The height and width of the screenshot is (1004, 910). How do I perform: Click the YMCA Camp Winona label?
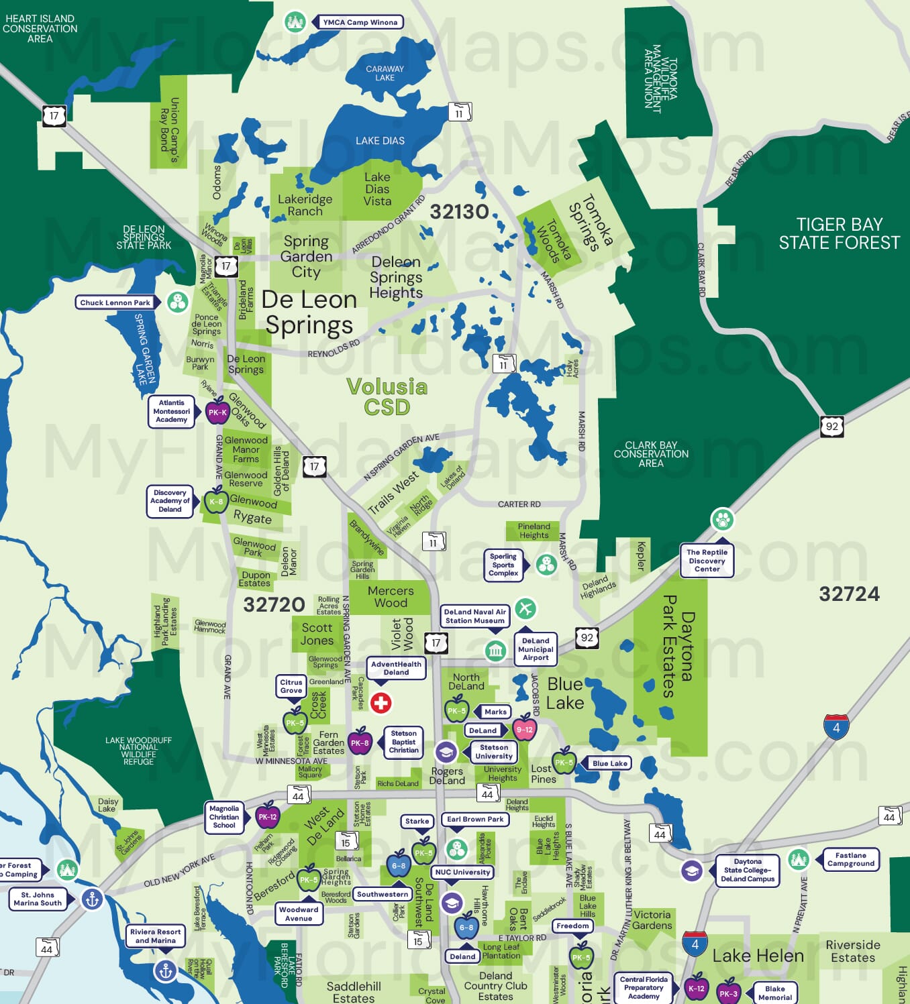(360, 22)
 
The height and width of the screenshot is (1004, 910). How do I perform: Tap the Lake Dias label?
(380, 141)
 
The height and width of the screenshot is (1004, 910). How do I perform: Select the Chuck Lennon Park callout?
(115, 302)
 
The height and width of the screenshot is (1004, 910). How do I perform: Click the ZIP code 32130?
(459, 212)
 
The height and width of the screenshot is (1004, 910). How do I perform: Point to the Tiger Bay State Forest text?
(839, 233)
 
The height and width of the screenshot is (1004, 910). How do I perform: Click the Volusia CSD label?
(387, 396)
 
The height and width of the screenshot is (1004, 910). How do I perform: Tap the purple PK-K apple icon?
(217, 412)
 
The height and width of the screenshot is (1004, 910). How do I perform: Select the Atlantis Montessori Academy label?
(172, 411)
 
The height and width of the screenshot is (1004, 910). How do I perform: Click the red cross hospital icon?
(381, 703)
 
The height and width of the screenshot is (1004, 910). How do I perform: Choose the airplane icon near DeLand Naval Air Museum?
(525, 608)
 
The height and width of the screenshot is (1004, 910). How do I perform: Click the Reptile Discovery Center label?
(707, 561)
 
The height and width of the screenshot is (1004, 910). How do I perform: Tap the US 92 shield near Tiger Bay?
(832, 426)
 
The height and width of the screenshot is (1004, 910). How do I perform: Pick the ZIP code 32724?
(849, 594)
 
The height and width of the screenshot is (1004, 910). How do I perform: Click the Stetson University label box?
(494, 752)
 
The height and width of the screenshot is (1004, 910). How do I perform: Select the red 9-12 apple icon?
(524, 729)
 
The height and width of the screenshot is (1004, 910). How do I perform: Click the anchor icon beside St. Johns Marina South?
(93, 899)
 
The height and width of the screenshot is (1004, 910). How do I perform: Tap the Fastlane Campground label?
(850, 859)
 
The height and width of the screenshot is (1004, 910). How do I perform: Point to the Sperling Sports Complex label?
(503, 565)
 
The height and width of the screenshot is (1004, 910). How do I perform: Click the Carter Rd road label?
(519, 504)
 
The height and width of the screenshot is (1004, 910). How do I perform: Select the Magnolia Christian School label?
(224, 817)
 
